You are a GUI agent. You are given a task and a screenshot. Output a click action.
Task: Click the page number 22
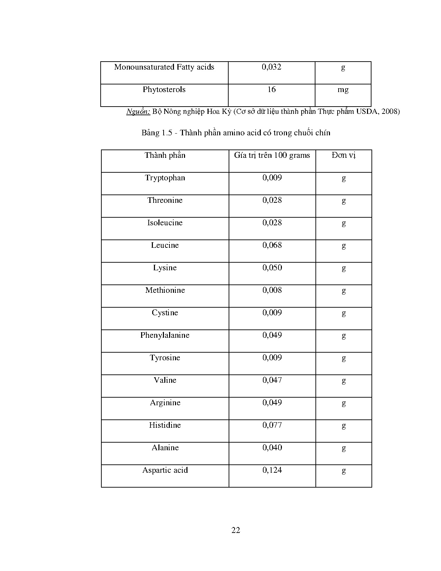point(236,530)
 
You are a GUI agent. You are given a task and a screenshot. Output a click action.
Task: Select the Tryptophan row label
point(165,178)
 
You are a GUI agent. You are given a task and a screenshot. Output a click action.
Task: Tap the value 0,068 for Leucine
point(272,245)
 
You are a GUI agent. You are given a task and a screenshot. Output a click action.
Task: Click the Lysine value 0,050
point(272,268)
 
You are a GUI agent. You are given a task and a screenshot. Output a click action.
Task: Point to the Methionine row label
point(165,290)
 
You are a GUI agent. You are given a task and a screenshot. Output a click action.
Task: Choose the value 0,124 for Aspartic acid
point(272,470)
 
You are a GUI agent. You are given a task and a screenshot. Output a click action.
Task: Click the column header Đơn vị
point(343,155)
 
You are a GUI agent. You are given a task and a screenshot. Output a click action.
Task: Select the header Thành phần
point(165,155)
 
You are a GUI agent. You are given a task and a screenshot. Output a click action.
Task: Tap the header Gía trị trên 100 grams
point(272,155)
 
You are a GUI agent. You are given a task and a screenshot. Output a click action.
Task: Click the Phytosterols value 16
point(272,90)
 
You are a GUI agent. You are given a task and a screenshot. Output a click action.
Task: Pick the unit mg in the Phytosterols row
point(343,90)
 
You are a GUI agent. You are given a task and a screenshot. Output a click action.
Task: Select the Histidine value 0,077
point(272,425)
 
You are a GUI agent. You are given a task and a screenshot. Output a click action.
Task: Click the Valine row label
point(165,380)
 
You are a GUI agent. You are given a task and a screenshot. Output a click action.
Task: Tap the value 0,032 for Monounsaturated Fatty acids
point(272,67)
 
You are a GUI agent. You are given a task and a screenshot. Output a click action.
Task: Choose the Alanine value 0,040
point(272,448)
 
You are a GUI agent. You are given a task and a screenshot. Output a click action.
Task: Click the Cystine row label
point(165,313)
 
